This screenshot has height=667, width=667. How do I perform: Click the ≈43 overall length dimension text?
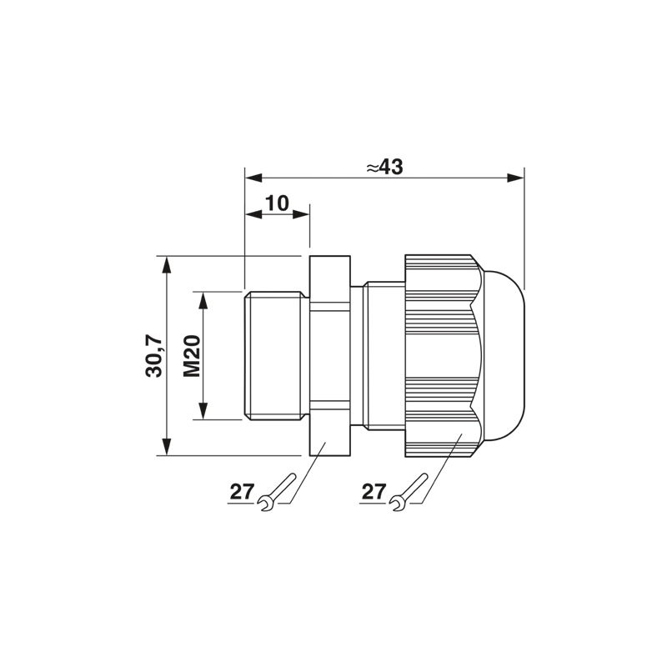point(384,168)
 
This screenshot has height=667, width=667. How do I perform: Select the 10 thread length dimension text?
point(278,203)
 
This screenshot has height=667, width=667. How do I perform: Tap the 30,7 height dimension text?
point(154,356)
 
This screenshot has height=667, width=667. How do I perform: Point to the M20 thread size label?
point(193,356)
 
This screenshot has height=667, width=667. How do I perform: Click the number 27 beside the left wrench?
point(242,492)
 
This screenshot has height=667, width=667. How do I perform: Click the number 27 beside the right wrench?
point(374,492)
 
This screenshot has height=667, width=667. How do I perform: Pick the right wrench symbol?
point(409,492)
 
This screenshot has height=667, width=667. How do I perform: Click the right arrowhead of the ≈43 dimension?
point(515,178)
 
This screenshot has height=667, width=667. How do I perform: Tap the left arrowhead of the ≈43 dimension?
point(253,178)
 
